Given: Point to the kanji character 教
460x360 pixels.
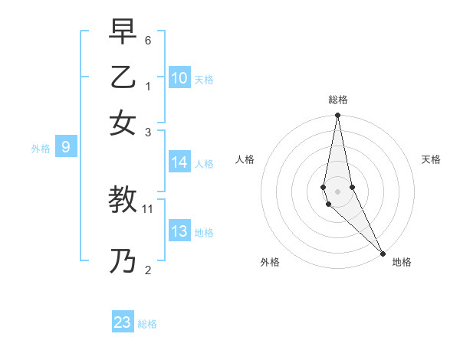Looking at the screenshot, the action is [123, 201].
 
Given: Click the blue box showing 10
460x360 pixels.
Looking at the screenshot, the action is [179, 78].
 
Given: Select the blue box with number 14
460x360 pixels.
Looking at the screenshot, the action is [179, 162].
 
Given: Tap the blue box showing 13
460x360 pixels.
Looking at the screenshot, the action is [179, 232].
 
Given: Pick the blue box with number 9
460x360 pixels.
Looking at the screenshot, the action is [66, 148].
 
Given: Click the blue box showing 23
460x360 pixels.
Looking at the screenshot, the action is [123, 322].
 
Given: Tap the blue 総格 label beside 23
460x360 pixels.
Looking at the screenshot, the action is [147, 324].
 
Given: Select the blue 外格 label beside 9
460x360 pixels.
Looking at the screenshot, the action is [41, 149].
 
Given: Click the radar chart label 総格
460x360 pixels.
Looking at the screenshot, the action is [337, 100].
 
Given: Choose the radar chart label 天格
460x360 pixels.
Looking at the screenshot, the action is [432, 159].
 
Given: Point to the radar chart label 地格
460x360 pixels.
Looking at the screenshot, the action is [402, 262].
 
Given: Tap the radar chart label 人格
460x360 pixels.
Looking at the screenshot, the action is [245, 159].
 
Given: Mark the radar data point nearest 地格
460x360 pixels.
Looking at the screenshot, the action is [383, 254].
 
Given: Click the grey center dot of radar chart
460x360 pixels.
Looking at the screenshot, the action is [337, 191].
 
